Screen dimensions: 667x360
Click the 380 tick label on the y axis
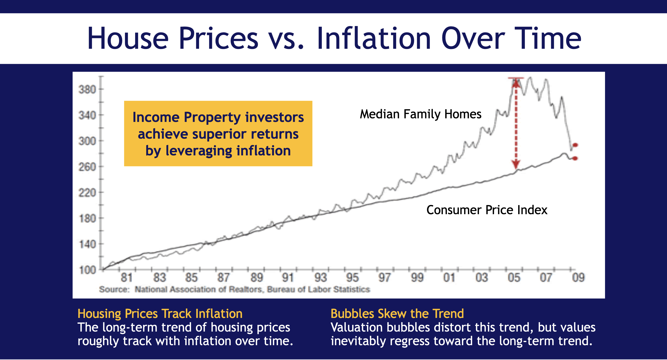pyautogui.click(x=87, y=90)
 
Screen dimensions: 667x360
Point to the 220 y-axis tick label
pyautogui.click(x=87, y=193)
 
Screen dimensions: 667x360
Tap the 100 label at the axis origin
pyautogui.click(x=88, y=270)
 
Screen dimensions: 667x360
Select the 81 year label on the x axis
pyautogui.click(x=127, y=278)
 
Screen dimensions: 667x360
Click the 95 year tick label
pyautogui.click(x=352, y=278)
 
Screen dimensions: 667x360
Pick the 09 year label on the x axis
pyautogui.click(x=578, y=278)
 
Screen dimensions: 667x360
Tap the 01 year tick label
pyautogui.click(x=449, y=278)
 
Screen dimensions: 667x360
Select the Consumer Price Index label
pyautogui.click(x=487, y=210)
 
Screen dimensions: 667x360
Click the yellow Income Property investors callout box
pyautogui.click(x=218, y=134)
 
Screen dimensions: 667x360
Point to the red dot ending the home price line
pyautogui.click(x=575, y=145)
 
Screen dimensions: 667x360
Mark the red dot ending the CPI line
pyautogui.click(x=575, y=158)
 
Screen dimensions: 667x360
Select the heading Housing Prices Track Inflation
pyautogui.click(x=160, y=314)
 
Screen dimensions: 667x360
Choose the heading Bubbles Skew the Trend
pyautogui.click(x=397, y=314)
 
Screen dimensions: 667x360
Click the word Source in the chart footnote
pyautogui.click(x=114, y=289)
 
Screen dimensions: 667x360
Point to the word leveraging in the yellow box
pyautogui.click(x=199, y=151)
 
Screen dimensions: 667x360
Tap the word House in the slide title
pyautogui.click(x=128, y=38)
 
